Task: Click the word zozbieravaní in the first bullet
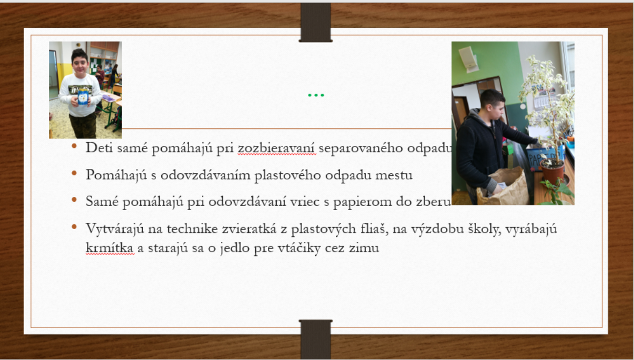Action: [x=277, y=148]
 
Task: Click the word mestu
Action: [x=394, y=175]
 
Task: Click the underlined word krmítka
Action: [x=109, y=248]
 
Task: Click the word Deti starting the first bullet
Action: [x=99, y=148]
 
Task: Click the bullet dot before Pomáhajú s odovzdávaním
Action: [x=74, y=173]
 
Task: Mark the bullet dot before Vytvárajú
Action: [x=74, y=227]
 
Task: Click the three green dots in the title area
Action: [x=316, y=95]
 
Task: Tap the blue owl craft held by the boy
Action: [x=83, y=98]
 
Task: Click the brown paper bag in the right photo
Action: [x=503, y=188]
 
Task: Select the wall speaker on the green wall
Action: [x=469, y=59]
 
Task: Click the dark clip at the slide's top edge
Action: [x=316, y=22]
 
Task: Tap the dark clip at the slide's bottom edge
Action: [x=316, y=339]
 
